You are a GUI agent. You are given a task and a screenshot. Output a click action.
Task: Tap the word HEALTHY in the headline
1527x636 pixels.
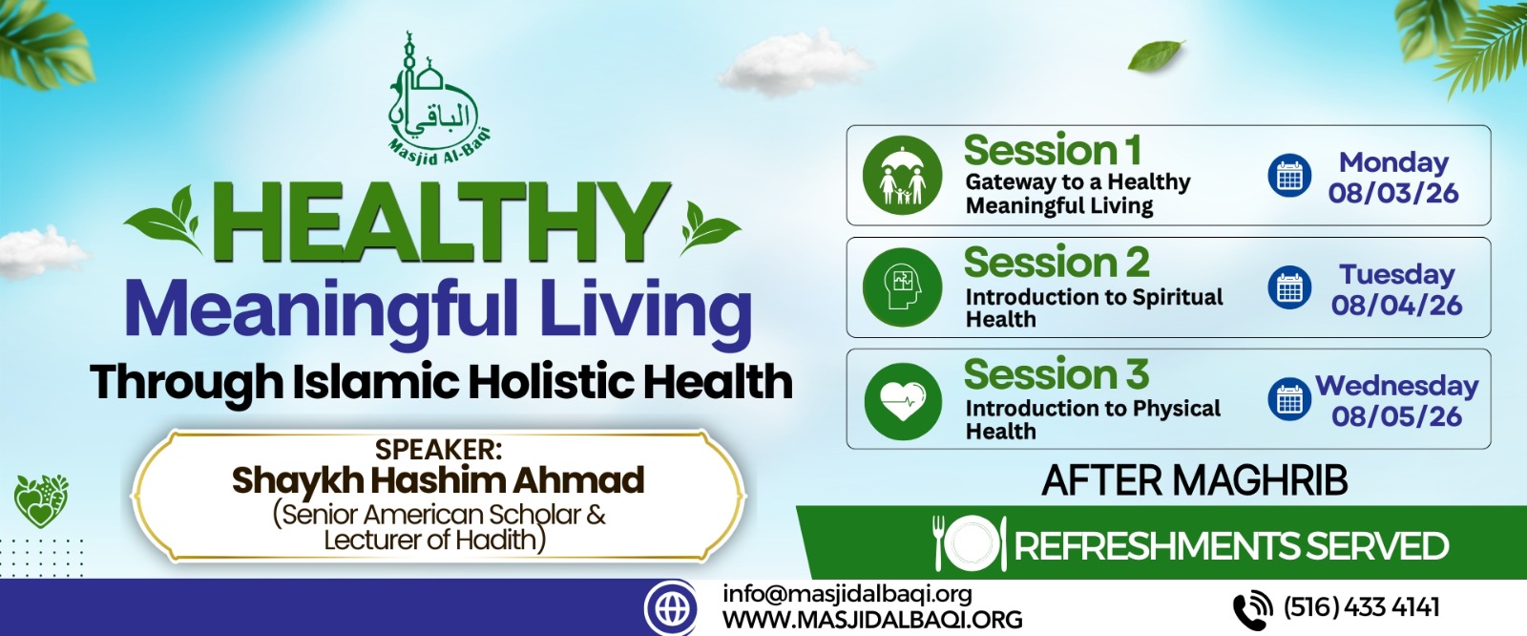[x=441, y=223]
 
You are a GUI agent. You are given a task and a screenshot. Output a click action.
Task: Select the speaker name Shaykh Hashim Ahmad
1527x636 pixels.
[x=438, y=480]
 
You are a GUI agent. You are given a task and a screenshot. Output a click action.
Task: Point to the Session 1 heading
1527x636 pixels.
[x=1053, y=150]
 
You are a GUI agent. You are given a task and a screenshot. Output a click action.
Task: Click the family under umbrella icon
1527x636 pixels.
[x=902, y=176]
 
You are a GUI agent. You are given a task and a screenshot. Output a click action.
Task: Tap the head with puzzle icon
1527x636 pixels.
[x=902, y=287]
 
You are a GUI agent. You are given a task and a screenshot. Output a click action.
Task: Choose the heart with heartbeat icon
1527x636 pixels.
[x=903, y=400]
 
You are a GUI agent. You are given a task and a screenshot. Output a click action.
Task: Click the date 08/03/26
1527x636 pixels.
[x=1393, y=193]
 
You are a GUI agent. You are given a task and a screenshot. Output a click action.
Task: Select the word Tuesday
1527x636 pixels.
[x=1397, y=274]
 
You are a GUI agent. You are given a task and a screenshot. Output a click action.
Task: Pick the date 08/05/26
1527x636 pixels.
[x=1397, y=416]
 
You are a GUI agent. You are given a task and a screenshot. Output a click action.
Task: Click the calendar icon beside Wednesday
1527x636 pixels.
[x=1289, y=399]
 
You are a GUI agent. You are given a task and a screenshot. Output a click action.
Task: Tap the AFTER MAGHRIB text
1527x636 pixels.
[x=1194, y=480]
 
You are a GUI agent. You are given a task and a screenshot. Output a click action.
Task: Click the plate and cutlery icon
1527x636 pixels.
[x=970, y=544]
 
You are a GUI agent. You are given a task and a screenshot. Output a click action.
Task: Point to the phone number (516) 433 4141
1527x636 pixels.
[x=1361, y=606]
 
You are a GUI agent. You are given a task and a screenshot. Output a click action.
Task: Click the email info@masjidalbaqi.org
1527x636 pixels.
[x=847, y=594]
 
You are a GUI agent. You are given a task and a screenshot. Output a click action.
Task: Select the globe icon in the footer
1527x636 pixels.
[x=671, y=608]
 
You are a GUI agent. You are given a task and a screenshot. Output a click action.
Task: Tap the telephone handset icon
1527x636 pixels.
[x=1252, y=609]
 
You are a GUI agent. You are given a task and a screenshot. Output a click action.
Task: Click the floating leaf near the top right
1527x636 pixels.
[x=1156, y=55]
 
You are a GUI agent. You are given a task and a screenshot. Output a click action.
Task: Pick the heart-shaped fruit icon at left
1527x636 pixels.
[x=41, y=500]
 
